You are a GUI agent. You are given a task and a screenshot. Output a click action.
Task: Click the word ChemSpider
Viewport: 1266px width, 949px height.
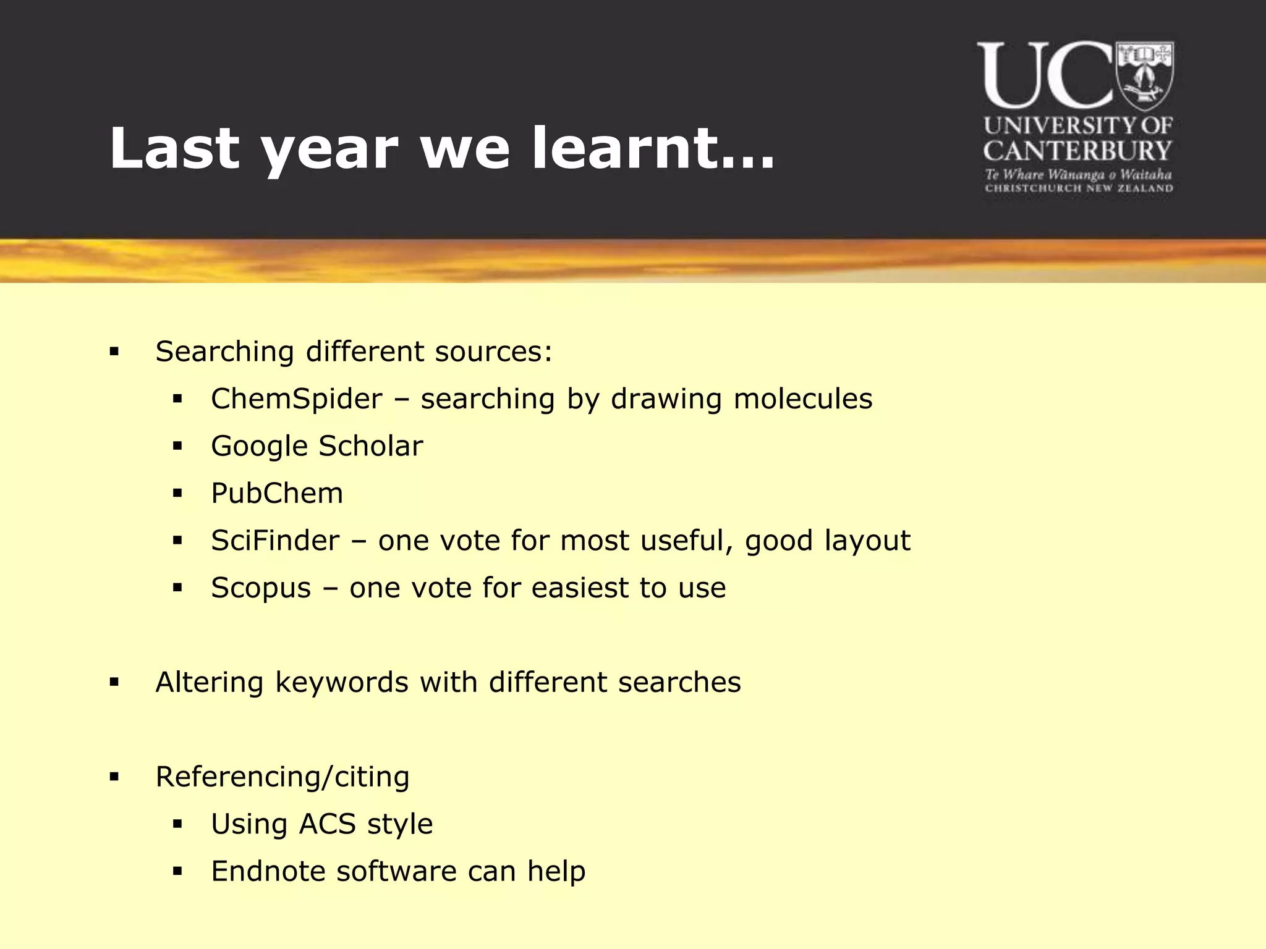pyautogui.click(x=296, y=399)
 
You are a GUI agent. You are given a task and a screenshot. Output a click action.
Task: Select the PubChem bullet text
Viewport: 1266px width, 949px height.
pyautogui.click(x=276, y=494)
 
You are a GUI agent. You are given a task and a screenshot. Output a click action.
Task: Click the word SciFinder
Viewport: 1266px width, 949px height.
pyautogui.click(x=275, y=541)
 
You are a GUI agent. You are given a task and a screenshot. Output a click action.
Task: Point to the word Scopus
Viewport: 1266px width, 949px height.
pyautogui.click(x=260, y=588)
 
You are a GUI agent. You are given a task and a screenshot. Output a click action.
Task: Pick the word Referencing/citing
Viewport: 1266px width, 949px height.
pyautogui.click(x=283, y=777)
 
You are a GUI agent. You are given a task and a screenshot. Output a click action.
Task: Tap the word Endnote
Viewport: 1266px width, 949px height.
pyautogui.click(x=268, y=872)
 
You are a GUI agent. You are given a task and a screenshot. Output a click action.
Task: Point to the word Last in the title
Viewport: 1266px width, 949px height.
pyautogui.click(x=174, y=148)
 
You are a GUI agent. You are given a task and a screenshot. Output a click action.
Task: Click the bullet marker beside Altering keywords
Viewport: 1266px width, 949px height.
pyautogui.click(x=114, y=683)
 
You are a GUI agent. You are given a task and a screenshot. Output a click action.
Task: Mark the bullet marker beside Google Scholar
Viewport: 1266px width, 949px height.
pyautogui.click(x=177, y=446)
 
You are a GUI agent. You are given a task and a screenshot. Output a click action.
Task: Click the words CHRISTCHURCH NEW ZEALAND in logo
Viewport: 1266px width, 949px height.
pyautogui.click(x=1079, y=188)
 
